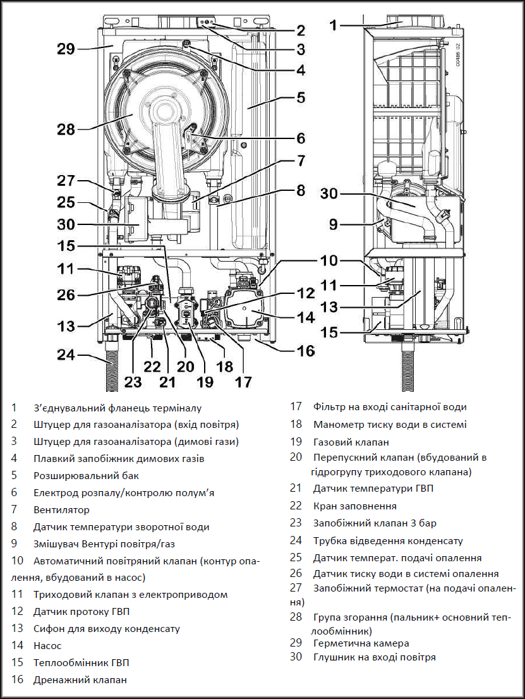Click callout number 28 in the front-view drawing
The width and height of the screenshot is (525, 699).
66,130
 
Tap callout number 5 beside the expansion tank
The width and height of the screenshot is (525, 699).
301,98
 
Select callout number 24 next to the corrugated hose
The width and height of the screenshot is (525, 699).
66,355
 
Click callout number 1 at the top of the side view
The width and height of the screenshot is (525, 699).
334,25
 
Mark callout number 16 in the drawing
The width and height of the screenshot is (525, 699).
306,349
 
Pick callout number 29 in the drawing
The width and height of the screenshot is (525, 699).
66,49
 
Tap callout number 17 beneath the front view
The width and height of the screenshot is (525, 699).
243,381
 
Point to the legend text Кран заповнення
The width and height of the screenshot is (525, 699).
354,506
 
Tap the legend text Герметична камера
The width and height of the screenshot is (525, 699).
361,643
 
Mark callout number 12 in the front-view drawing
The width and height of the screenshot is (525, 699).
306,293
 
